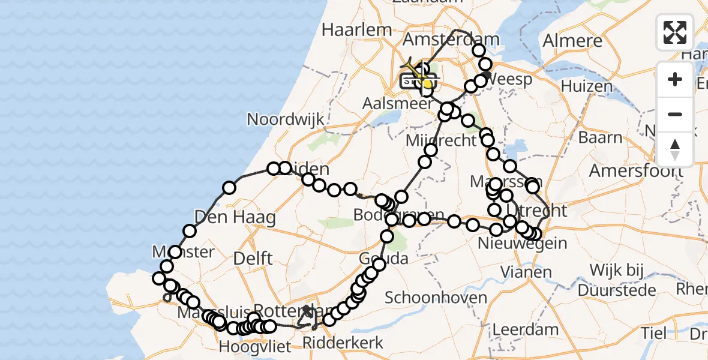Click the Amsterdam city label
coord(451,40)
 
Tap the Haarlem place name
coord(357,29)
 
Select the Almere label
coord(572,41)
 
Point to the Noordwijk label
coord(286,119)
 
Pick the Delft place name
coord(254,259)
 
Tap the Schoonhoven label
coord(427,297)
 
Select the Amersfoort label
coord(636,171)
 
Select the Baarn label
coord(601,137)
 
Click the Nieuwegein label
coord(523,243)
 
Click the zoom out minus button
coord(675,114)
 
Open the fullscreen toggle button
coord(675,32)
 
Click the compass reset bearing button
coord(675,149)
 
